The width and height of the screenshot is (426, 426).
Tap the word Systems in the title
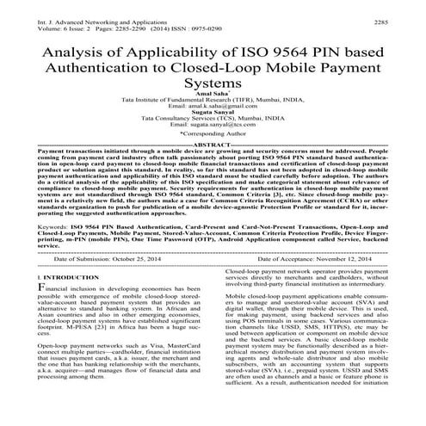click(213, 86)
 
